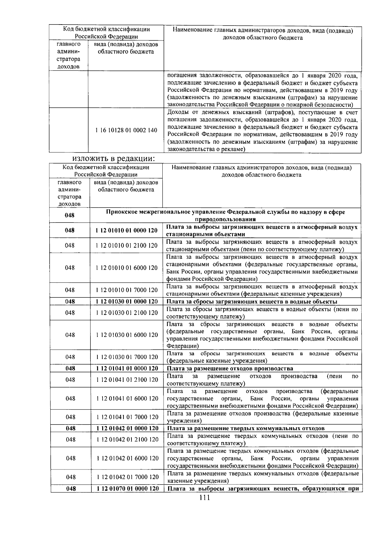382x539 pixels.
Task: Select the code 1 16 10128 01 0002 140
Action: coord(126,130)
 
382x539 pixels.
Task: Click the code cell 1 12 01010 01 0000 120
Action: coord(126,230)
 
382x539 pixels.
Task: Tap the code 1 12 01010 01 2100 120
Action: coord(127,245)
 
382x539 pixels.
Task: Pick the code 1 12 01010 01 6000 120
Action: coord(127,268)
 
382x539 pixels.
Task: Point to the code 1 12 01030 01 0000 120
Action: coord(127,302)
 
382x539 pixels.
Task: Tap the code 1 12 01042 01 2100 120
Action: coord(127,440)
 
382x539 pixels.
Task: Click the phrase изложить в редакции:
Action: coord(114,158)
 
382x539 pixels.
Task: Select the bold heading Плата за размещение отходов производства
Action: coord(230,368)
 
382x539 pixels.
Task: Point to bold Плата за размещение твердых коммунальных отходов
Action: coord(246,428)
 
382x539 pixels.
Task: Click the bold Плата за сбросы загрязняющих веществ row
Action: coord(252,302)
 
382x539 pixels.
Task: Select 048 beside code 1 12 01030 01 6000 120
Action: coord(70,335)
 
